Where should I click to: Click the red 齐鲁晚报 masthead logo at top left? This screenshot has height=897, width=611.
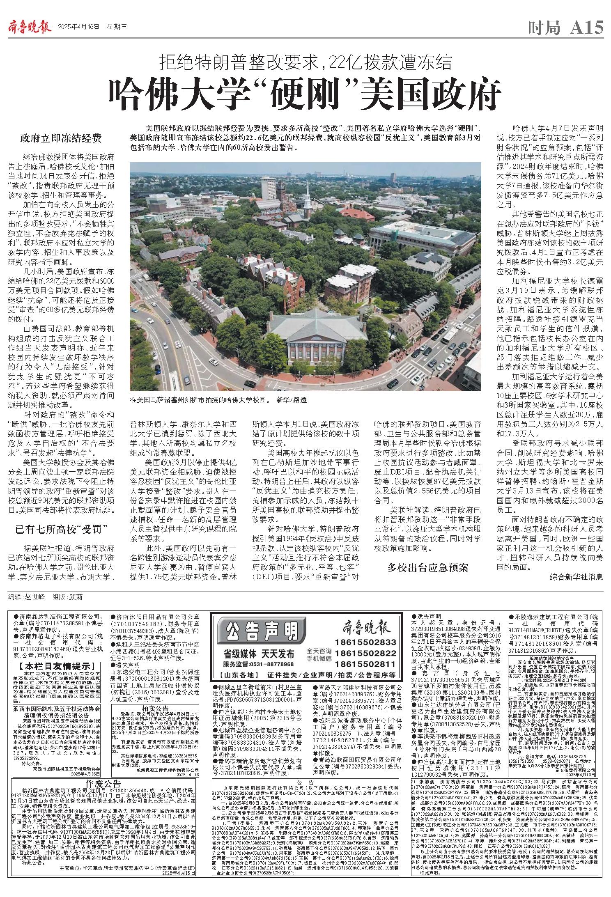30,28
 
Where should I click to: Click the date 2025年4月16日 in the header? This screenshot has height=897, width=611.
79,27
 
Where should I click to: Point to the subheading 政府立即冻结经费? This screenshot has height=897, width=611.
61,138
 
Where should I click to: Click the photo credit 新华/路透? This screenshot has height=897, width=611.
292,399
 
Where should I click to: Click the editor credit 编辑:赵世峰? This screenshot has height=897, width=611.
29,596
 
